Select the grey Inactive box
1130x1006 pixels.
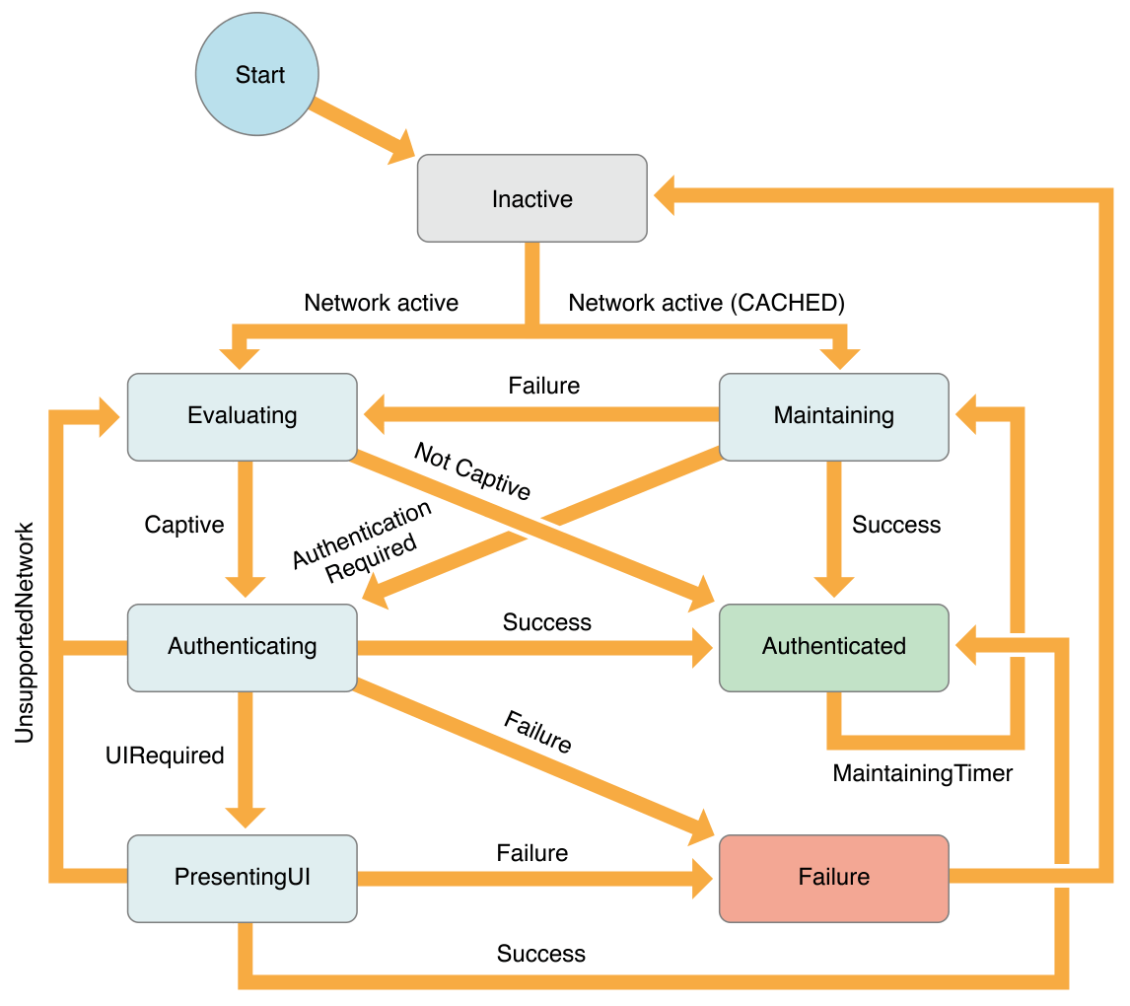click(x=532, y=198)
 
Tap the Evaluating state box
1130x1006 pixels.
click(x=242, y=415)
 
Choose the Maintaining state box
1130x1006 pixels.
click(x=833, y=415)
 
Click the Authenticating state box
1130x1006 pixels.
click(x=242, y=647)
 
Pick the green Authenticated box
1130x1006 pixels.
click(x=833, y=647)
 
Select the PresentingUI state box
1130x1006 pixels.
click(x=242, y=877)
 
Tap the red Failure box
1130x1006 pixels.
click(x=833, y=877)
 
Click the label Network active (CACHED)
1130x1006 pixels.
click(x=706, y=303)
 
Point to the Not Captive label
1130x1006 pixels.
click(x=472, y=471)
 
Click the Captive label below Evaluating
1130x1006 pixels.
click(x=184, y=525)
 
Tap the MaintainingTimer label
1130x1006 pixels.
click(x=922, y=773)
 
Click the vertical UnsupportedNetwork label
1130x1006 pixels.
click(x=25, y=632)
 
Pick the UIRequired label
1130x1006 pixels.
click(x=165, y=755)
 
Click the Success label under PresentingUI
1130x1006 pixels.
click(x=540, y=954)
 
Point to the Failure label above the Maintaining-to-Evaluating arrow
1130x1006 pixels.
click(x=543, y=386)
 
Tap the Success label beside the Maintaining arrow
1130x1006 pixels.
click(x=895, y=525)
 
